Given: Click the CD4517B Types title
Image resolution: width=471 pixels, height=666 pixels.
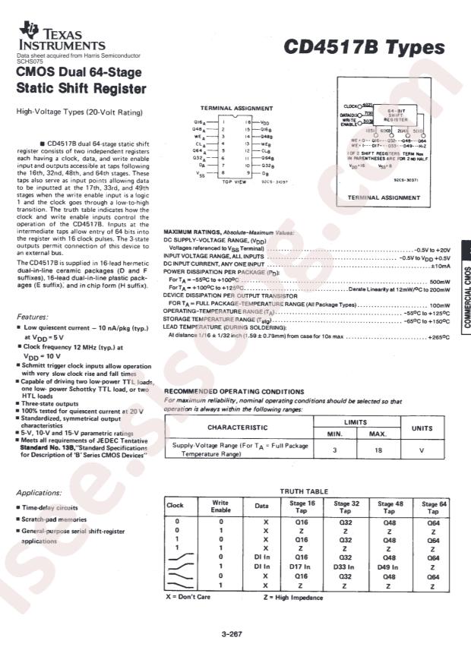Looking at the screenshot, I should (x=364, y=48).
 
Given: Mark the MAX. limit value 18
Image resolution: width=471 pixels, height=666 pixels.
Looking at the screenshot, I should (x=378, y=450).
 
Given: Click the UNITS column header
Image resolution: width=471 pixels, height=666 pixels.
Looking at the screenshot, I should (x=422, y=428).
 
